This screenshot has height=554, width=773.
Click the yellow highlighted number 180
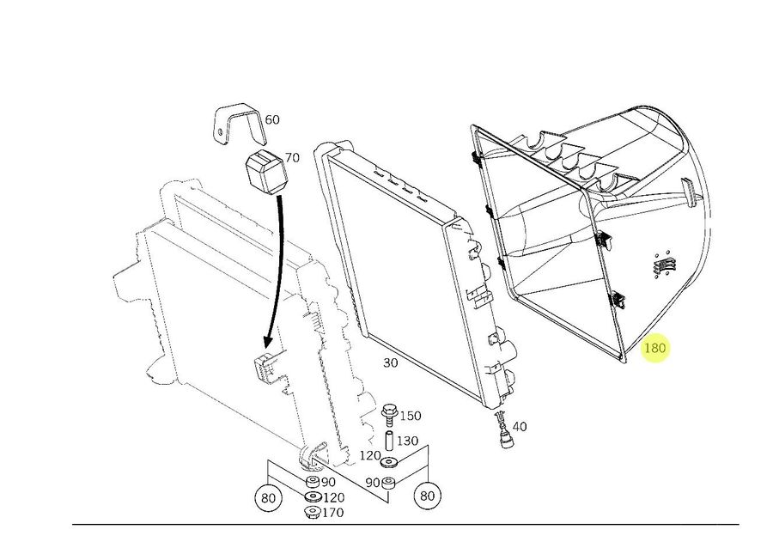click(655, 349)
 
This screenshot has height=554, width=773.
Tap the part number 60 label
click(271, 119)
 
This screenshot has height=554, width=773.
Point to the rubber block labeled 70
click(265, 172)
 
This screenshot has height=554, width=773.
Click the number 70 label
click(292, 158)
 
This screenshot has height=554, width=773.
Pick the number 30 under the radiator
click(390, 362)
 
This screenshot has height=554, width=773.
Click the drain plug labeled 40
click(505, 431)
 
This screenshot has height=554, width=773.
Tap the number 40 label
click(520, 426)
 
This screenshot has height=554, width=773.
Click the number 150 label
click(411, 416)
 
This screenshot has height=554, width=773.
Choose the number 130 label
click(408, 441)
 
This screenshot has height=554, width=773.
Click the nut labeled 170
click(312, 513)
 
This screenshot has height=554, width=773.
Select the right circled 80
click(426, 496)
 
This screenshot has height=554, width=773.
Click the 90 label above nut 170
click(328, 482)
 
